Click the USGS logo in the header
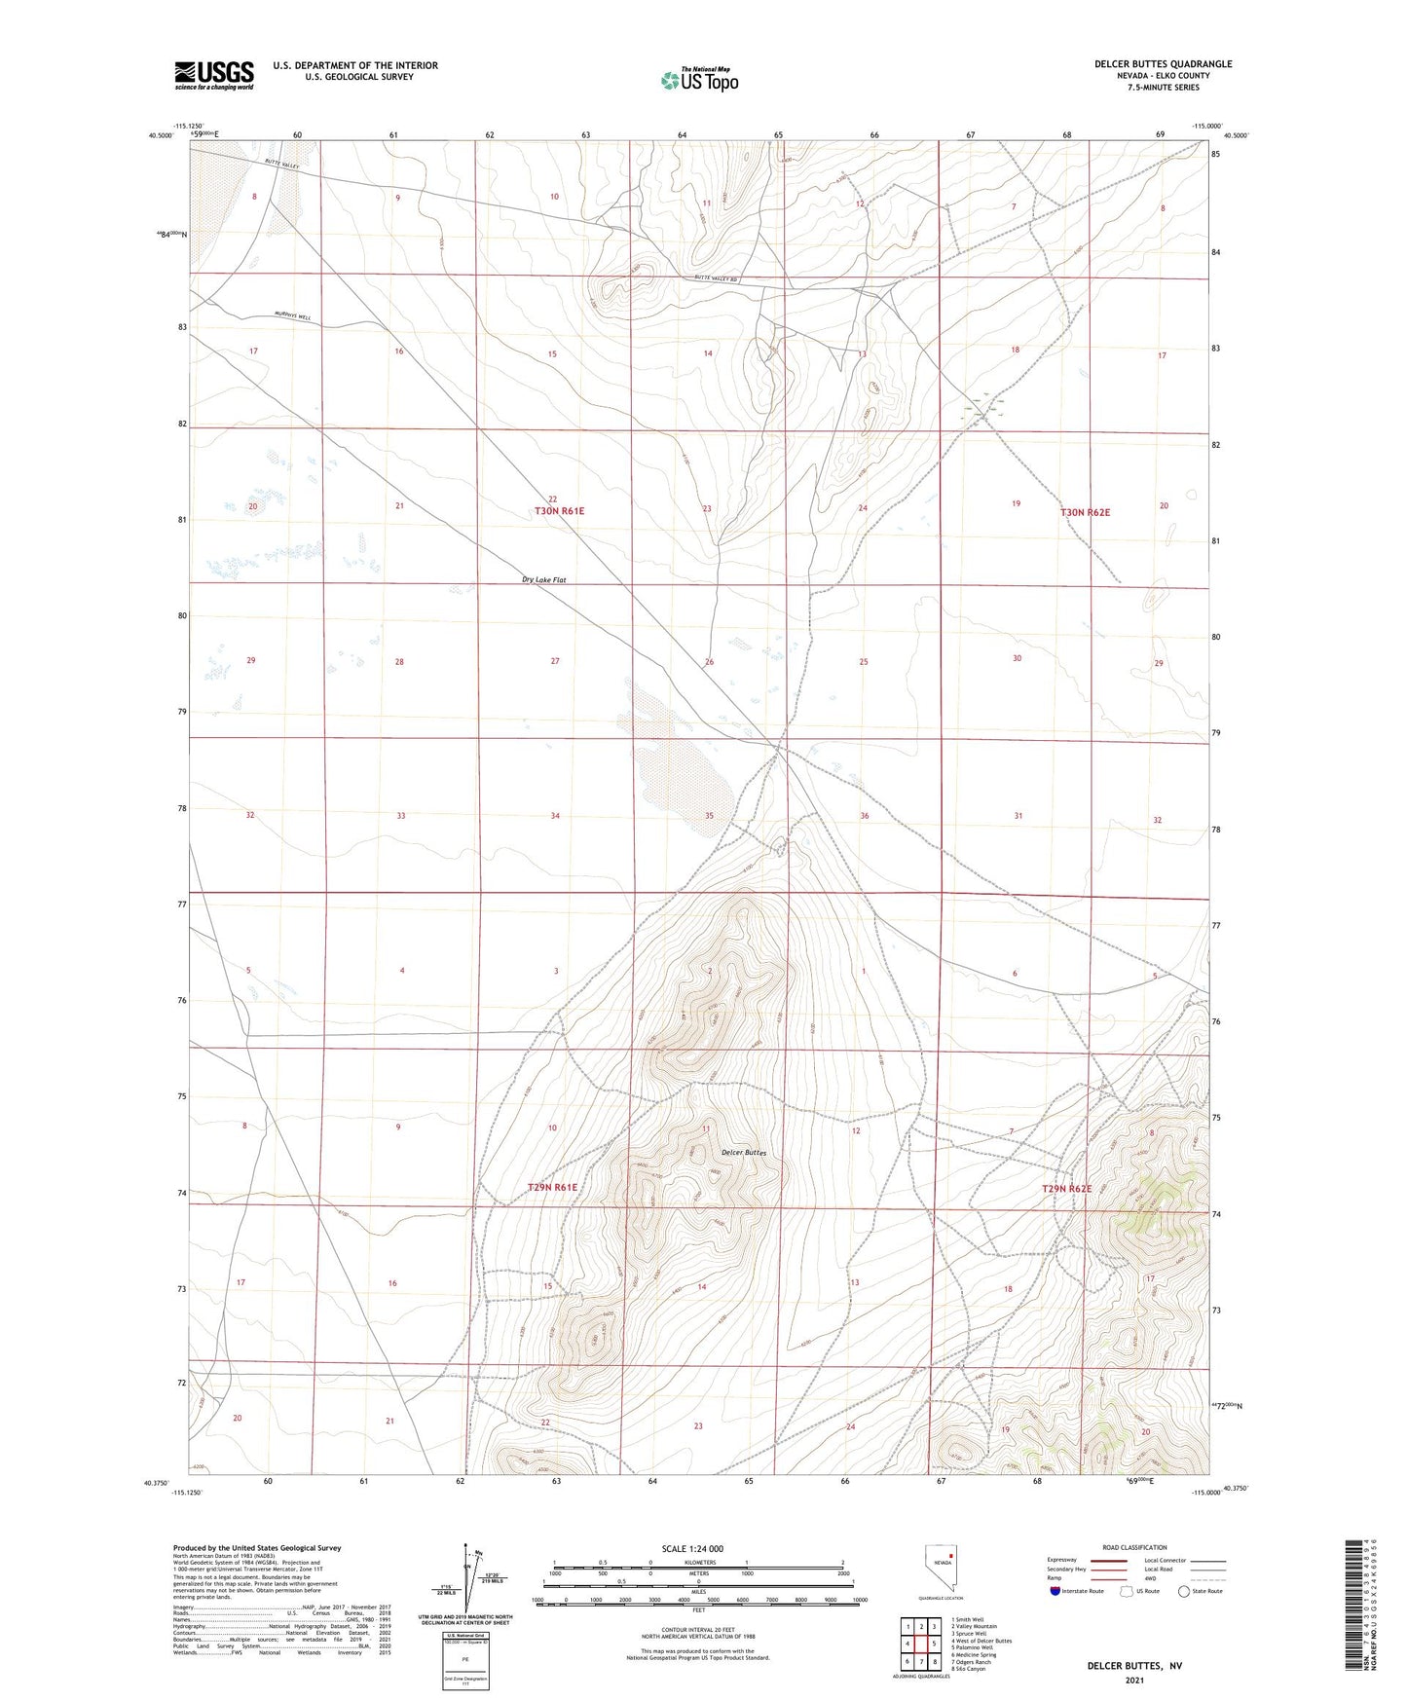(x=213, y=75)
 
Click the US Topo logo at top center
(x=699, y=80)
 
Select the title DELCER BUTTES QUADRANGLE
(x=1163, y=64)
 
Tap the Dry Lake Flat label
(x=543, y=580)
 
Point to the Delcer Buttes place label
(x=744, y=1153)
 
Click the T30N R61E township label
(x=559, y=511)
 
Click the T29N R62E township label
(x=1067, y=1189)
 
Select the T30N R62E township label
(x=1085, y=512)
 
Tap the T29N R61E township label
(x=552, y=1188)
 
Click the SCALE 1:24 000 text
(x=692, y=1549)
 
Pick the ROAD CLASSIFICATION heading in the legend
(x=1134, y=1547)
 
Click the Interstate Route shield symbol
(x=1055, y=1591)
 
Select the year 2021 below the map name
(x=1134, y=1680)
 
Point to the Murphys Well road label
(x=292, y=316)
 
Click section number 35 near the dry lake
(x=709, y=816)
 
